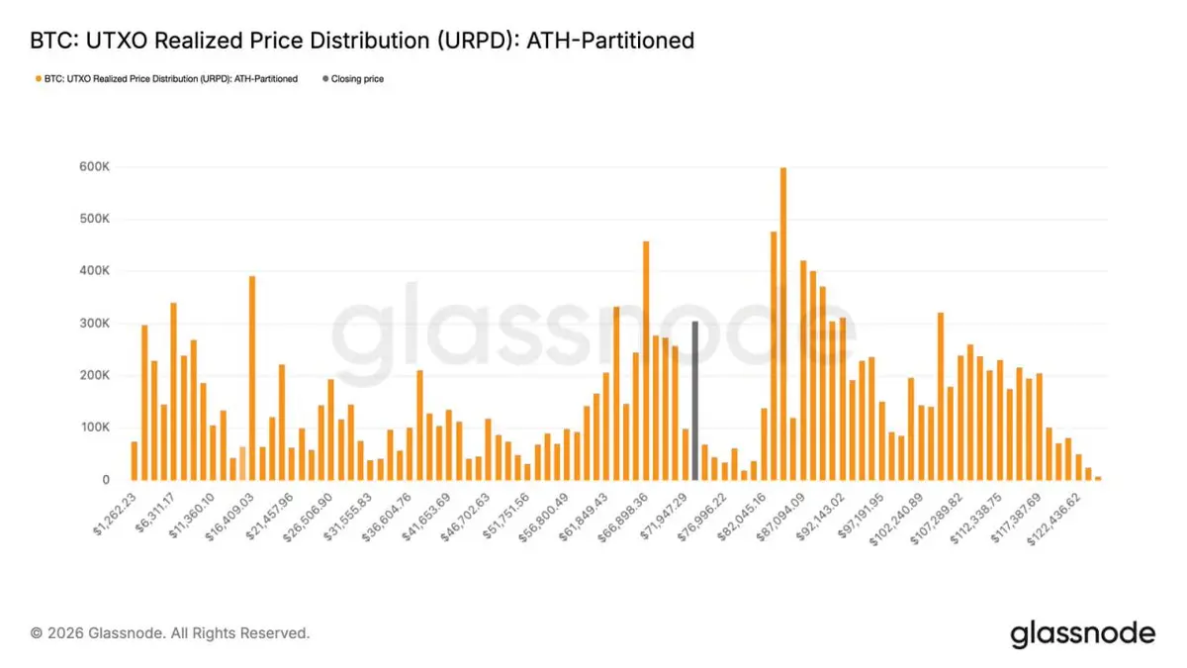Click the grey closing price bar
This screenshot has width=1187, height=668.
[695, 401]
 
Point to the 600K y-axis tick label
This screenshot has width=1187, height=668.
[95, 167]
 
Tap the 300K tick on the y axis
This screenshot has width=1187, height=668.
[95, 324]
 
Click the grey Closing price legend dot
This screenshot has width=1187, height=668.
[324, 79]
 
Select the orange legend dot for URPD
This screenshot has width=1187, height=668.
[38, 79]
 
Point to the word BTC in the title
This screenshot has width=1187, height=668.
[49, 41]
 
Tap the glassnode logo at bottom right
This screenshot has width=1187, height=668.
[1082, 633]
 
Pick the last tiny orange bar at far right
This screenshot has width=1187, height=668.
[1098, 477]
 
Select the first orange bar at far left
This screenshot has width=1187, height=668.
[135, 460]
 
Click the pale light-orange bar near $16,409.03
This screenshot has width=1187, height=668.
[242, 463]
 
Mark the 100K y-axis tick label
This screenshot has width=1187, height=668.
[95, 428]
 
